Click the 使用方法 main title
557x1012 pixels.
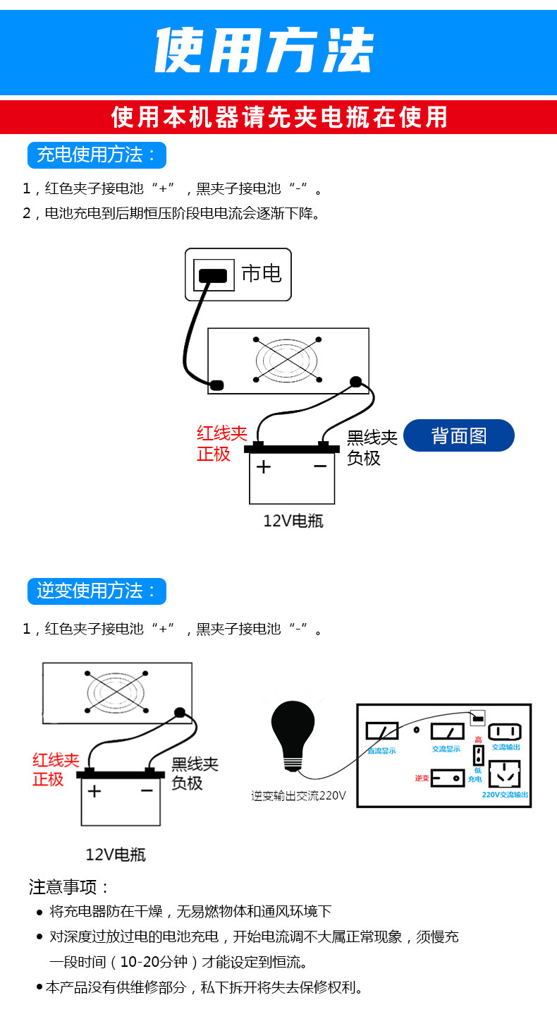pyautogui.click(x=264, y=51)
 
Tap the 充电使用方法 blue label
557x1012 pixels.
pyautogui.click(x=97, y=155)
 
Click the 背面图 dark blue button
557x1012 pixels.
pyautogui.click(x=459, y=435)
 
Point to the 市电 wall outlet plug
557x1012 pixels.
pyautogui.click(x=214, y=275)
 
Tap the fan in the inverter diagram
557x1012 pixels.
pyautogui.click(x=116, y=692)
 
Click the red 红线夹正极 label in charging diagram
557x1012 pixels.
pyautogui.click(x=221, y=444)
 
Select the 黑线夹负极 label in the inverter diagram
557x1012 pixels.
pyautogui.click(x=195, y=773)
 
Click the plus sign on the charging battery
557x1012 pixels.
pyautogui.click(x=263, y=467)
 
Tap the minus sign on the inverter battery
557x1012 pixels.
pyautogui.click(x=147, y=790)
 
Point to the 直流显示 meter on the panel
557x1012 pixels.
pyautogui.click(x=381, y=731)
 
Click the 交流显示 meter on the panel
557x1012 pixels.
pyautogui.click(x=447, y=731)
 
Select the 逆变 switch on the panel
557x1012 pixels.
pyautogui.click(x=448, y=778)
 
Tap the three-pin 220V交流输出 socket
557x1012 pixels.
pyautogui.click(x=504, y=775)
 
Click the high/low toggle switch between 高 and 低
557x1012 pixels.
pyautogui.click(x=477, y=755)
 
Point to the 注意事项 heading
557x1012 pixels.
pyautogui.click(x=70, y=887)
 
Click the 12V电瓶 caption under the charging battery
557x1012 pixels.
pyautogui.click(x=293, y=522)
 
